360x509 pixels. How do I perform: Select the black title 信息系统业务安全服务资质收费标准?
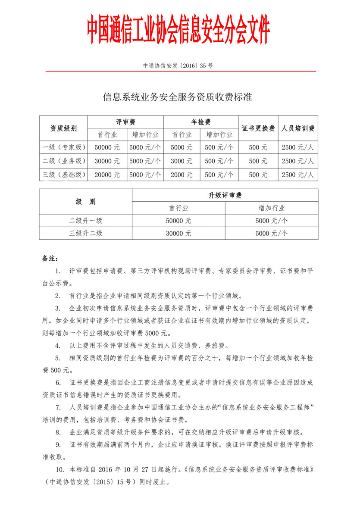[x=177, y=97]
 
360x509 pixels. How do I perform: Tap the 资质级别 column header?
[x=64, y=128]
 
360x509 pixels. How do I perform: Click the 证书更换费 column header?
[x=258, y=128]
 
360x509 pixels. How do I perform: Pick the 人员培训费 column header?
[x=298, y=128]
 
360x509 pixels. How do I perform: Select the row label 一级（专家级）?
[x=64, y=147]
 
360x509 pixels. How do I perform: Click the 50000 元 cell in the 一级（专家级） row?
[x=108, y=147]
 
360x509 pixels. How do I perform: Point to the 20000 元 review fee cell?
[x=108, y=175]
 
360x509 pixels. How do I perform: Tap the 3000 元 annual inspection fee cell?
[x=182, y=161]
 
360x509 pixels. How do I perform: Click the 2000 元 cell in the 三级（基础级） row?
[x=182, y=175]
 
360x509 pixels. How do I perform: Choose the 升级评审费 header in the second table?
[x=225, y=195]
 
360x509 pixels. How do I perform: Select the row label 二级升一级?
[x=86, y=221]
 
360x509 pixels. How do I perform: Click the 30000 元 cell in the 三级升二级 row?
[x=178, y=234]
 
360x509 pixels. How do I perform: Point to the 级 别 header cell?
[x=86, y=202]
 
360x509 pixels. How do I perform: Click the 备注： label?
[x=50, y=259]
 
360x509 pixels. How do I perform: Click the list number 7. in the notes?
[x=57, y=407]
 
